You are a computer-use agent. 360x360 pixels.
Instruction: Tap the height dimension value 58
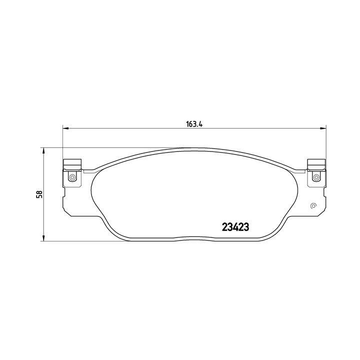pyautogui.click(x=38, y=194)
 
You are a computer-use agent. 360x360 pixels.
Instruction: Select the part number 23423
pyautogui.click(x=235, y=226)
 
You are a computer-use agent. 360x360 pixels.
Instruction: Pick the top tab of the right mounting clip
pyautogui.click(x=316, y=163)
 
